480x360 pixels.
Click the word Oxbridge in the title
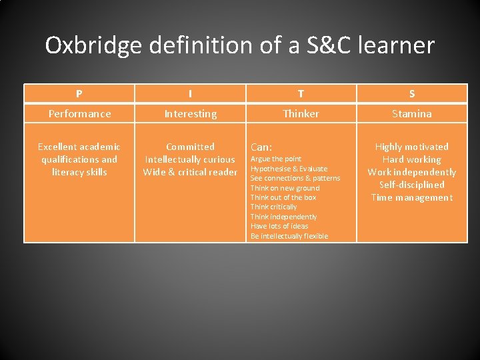93,45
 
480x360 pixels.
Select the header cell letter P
79,94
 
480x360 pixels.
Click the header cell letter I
190,94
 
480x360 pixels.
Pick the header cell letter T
301,94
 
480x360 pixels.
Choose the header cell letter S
412,94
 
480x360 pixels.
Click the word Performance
79,113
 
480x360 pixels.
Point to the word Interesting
190,114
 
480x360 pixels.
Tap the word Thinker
301,113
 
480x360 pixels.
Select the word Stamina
412,113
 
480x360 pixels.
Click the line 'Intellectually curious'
190,159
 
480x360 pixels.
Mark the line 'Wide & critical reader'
190,172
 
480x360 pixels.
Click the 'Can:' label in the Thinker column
260,147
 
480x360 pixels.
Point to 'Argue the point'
275,159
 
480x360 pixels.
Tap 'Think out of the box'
283,197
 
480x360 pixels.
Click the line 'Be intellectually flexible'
289,236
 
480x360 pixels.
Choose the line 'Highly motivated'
412,147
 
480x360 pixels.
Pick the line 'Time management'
412,197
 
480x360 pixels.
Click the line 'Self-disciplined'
412,185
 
